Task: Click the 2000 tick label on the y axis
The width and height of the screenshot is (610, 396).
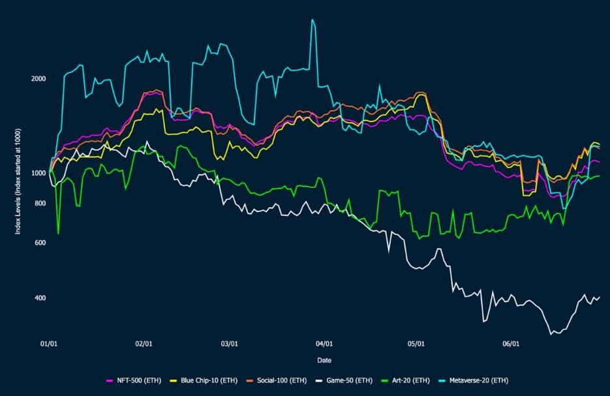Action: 38,78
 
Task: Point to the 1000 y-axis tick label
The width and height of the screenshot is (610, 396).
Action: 38,173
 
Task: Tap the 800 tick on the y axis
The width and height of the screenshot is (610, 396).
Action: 40,203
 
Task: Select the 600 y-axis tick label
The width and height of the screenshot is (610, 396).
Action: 40,243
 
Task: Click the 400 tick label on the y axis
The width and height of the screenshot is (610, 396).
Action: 40,298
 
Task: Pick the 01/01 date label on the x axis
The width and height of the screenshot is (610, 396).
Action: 49,344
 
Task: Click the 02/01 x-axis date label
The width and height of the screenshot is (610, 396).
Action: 144,344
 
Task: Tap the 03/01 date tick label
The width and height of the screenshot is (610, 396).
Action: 230,344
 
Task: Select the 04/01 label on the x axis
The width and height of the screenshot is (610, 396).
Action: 324,344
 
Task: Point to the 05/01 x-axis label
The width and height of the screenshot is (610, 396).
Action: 416,344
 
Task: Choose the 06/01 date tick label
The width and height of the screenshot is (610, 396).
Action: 511,344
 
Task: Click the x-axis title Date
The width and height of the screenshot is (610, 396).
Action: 324,360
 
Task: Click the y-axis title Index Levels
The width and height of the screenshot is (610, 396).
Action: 18,181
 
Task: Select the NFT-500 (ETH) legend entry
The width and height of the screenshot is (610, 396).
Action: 134,380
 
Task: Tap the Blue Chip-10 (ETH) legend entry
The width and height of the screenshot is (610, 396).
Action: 204,380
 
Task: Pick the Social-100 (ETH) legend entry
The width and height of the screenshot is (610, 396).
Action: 277,380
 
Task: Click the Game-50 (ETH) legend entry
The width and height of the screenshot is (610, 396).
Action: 344,380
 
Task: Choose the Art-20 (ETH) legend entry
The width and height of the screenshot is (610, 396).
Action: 405,380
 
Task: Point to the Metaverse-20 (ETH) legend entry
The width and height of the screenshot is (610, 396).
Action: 473,380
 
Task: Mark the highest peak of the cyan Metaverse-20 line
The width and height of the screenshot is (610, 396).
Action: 312,20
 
